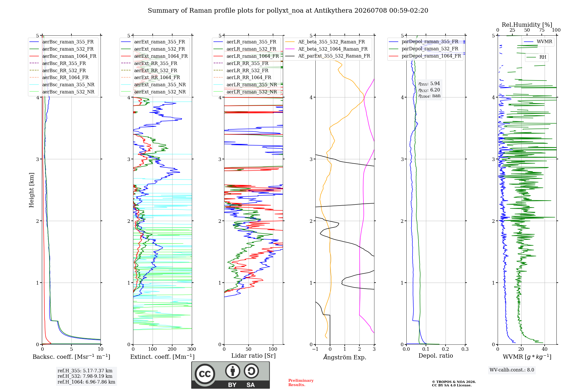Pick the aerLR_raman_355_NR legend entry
click(x=245, y=85)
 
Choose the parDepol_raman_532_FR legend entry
click(x=423, y=49)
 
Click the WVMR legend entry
click(x=538, y=42)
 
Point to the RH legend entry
click(x=536, y=57)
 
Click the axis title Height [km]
click(x=31, y=190)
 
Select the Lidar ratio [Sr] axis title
click(x=253, y=356)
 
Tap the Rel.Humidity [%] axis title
click(x=527, y=25)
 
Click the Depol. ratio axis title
click(x=436, y=356)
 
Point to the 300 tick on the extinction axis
click(x=192, y=349)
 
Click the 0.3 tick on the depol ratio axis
click(x=465, y=349)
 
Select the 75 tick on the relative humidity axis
click(x=542, y=30)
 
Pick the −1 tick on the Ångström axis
click(x=315, y=349)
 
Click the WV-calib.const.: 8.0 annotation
click(x=512, y=370)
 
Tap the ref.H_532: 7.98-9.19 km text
click(x=85, y=376)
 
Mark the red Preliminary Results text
click(x=301, y=383)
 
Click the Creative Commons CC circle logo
click(x=205, y=374)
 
